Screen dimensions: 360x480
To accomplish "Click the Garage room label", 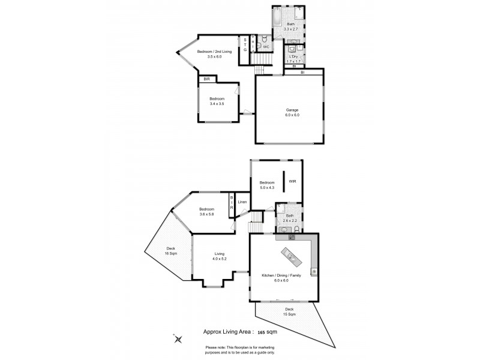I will point(292,110).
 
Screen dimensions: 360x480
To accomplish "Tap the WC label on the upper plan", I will point(266,46).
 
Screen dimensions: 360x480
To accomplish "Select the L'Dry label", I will point(293,58).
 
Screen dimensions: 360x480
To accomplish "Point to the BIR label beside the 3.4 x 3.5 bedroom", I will point(207,79).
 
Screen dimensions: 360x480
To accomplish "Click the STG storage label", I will point(245,45).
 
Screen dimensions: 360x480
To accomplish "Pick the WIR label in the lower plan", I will point(292,181).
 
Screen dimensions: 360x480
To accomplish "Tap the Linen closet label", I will point(242,202).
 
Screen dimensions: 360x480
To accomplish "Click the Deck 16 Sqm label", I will point(170,251).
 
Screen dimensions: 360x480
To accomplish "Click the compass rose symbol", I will point(178,339).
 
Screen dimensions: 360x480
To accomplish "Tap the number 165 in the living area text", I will point(262,331).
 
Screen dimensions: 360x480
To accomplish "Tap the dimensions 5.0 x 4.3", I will point(267,188).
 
